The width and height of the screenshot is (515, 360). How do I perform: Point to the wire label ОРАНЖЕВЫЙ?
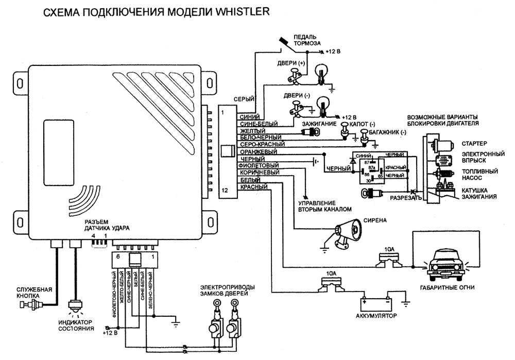[x=259, y=152]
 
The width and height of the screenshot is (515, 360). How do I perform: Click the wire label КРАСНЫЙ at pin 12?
[x=253, y=186]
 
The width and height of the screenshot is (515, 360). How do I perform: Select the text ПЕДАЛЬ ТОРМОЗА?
[x=307, y=40]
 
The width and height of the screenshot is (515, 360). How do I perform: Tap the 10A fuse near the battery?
[x=330, y=283]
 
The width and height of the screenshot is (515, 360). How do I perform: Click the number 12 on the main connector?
[x=225, y=191]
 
